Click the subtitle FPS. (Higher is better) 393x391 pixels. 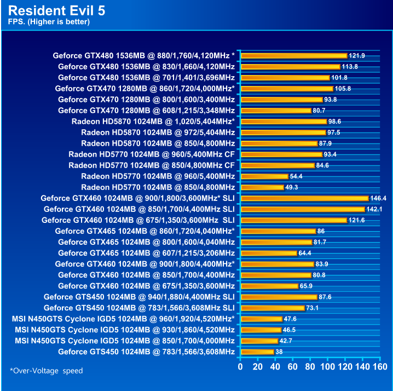[x=49, y=22]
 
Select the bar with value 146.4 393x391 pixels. [x=304, y=198]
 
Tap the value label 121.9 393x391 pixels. [x=357, y=56]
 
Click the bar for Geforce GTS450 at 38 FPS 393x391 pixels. [x=257, y=352]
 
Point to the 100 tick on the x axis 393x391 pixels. [x=327, y=366]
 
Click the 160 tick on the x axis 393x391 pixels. [x=379, y=366]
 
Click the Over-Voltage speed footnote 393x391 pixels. [x=47, y=371]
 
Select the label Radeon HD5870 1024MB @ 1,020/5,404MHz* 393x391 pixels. [x=153, y=122]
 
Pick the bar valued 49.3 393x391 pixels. [x=262, y=187]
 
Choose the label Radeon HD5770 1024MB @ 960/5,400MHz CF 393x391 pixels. [x=152, y=154]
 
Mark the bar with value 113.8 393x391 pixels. [x=290, y=67]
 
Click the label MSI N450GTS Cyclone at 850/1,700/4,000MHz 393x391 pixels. [x=125, y=341]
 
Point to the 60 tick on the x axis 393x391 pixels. [x=293, y=366]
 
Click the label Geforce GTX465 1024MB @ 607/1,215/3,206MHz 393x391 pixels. [x=146, y=253]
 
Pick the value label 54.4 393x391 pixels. [x=297, y=176]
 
